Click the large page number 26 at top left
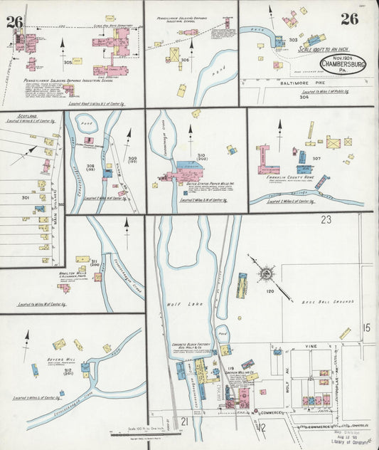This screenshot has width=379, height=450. pos(14,22)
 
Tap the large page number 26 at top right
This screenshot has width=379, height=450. pos(348,19)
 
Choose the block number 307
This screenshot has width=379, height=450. pos(316,159)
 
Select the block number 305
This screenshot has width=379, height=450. pos(68,63)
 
